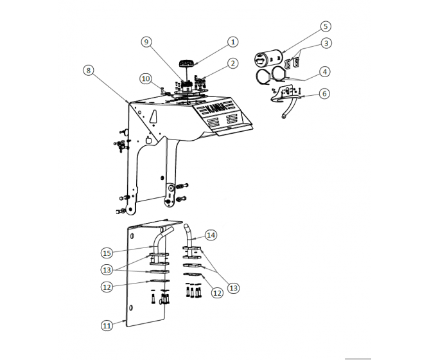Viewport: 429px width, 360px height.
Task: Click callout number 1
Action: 232,41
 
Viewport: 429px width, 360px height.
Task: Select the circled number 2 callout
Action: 232,63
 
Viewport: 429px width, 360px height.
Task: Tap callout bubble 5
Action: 326,26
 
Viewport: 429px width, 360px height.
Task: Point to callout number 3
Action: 326,43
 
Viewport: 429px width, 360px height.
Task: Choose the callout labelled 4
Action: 326,71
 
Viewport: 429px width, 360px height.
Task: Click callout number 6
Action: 324,93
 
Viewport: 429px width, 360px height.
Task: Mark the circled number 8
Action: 88,70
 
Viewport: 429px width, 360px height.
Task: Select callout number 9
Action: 147,42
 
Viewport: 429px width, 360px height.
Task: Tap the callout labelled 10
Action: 146,78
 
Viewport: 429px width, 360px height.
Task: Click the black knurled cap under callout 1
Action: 188,63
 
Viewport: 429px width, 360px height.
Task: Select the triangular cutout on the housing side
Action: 153,116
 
